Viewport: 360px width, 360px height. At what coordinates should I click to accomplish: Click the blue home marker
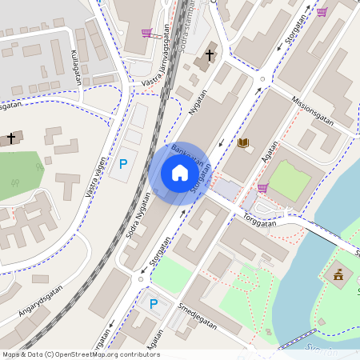(180, 173)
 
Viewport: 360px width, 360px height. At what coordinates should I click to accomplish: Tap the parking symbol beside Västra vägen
(123, 164)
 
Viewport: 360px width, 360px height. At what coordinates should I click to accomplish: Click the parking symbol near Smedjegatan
(154, 304)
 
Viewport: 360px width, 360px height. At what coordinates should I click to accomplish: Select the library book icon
(243, 142)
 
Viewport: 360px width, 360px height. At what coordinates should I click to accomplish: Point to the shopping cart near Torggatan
(262, 188)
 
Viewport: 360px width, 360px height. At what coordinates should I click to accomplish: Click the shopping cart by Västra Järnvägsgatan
(146, 33)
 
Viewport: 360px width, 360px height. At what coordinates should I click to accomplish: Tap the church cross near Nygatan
(210, 55)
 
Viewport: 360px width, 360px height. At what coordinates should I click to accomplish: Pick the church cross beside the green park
(11, 138)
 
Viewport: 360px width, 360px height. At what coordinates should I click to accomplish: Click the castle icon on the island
(338, 275)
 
